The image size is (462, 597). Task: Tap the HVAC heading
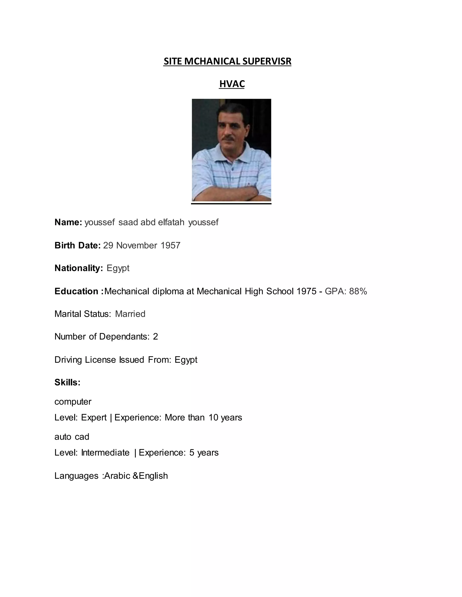pos(232,84)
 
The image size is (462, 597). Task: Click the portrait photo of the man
pos(231,150)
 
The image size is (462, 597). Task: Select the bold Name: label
pos(68,222)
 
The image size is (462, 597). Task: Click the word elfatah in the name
pos(171,222)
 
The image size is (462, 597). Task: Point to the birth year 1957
pos(170,246)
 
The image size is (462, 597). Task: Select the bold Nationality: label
pos(79,268)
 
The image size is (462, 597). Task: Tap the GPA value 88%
pos(358,291)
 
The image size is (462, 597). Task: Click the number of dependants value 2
pos(155,337)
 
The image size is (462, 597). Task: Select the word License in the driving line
pos(100,360)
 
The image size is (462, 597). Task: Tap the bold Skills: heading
pos(67,383)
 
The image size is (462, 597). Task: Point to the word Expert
pos(94,417)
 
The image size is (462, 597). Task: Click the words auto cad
pos(72,437)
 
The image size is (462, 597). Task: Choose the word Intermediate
pos(105,452)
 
